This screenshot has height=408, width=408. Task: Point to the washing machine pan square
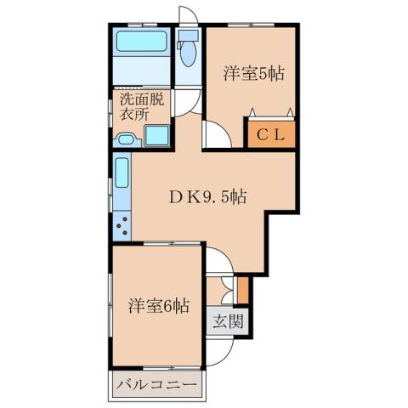[x=156, y=137]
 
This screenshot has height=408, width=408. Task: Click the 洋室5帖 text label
[x=252, y=72]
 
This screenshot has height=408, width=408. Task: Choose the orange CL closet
[x=270, y=133]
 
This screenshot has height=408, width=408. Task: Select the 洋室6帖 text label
[x=159, y=304]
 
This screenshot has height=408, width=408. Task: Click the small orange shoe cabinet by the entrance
[x=242, y=288]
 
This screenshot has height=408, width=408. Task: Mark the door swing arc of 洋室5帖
[x=215, y=136]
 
